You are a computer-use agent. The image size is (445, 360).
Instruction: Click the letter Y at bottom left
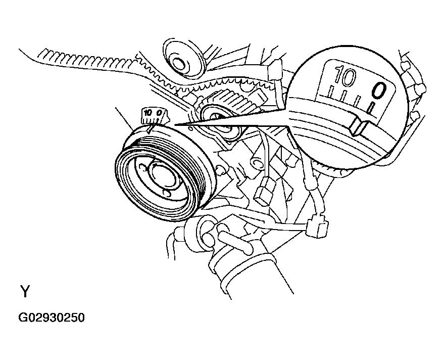(x=25, y=292)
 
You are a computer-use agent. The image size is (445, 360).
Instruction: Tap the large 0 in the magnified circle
(x=379, y=91)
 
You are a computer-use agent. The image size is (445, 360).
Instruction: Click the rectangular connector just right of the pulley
(x=262, y=193)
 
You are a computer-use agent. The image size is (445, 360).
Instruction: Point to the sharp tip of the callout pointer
(x=173, y=124)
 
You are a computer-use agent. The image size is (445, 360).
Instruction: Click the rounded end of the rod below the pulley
(x=247, y=249)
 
